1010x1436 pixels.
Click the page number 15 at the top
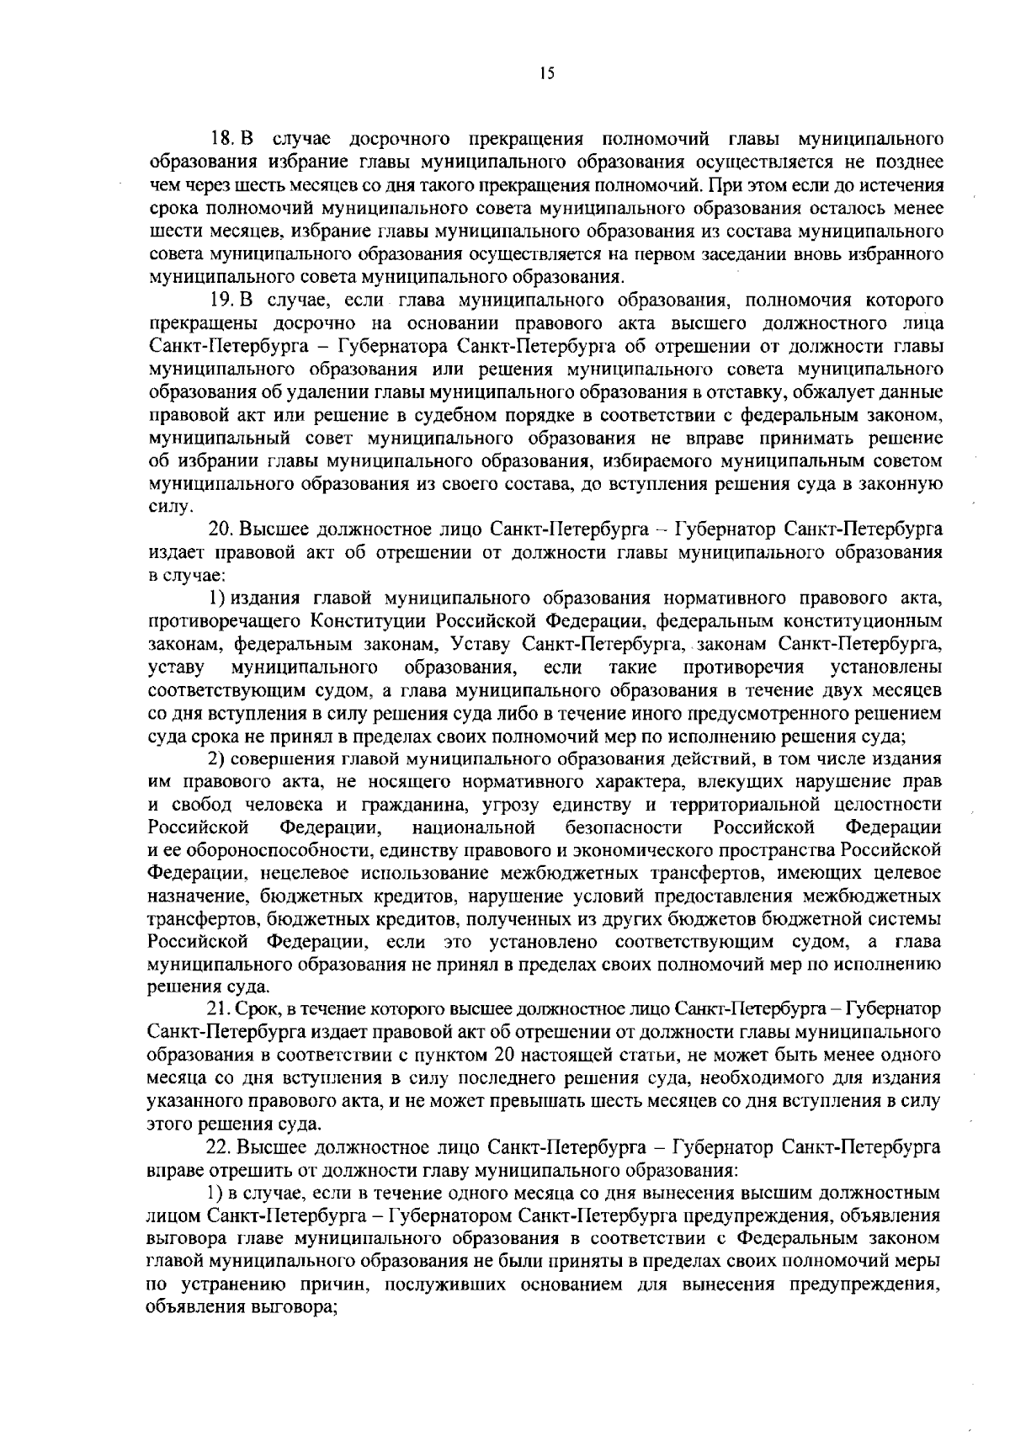tap(547, 74)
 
